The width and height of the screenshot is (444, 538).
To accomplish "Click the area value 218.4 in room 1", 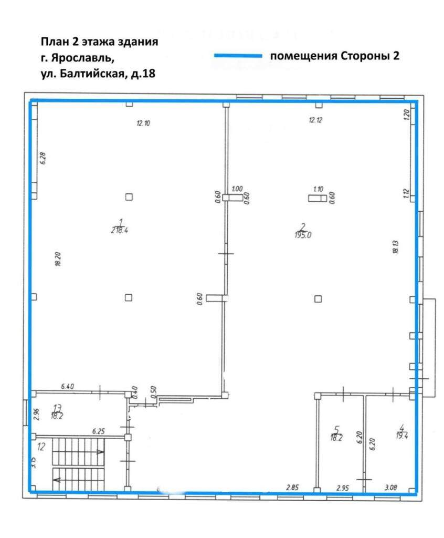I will point(120,230).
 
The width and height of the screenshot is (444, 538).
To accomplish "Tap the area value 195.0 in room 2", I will point(303,235).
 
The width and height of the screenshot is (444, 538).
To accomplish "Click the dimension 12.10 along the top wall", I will point(143,123).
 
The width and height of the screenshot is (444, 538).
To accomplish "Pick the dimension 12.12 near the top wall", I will point(315,120).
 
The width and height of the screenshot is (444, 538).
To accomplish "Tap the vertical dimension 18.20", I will point(58,260).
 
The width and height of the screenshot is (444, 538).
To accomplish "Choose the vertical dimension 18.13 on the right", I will point(395,246).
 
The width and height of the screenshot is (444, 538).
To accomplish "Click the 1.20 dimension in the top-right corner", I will point(406,115).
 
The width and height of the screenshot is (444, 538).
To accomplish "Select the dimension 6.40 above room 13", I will point(67,386).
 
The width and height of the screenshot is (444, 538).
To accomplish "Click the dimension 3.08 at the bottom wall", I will point(390,487).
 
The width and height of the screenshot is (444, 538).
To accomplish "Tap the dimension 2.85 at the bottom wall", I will point(292,487).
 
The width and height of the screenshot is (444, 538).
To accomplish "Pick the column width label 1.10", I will point(318,189).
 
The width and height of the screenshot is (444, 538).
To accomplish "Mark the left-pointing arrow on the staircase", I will point(57,479).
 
